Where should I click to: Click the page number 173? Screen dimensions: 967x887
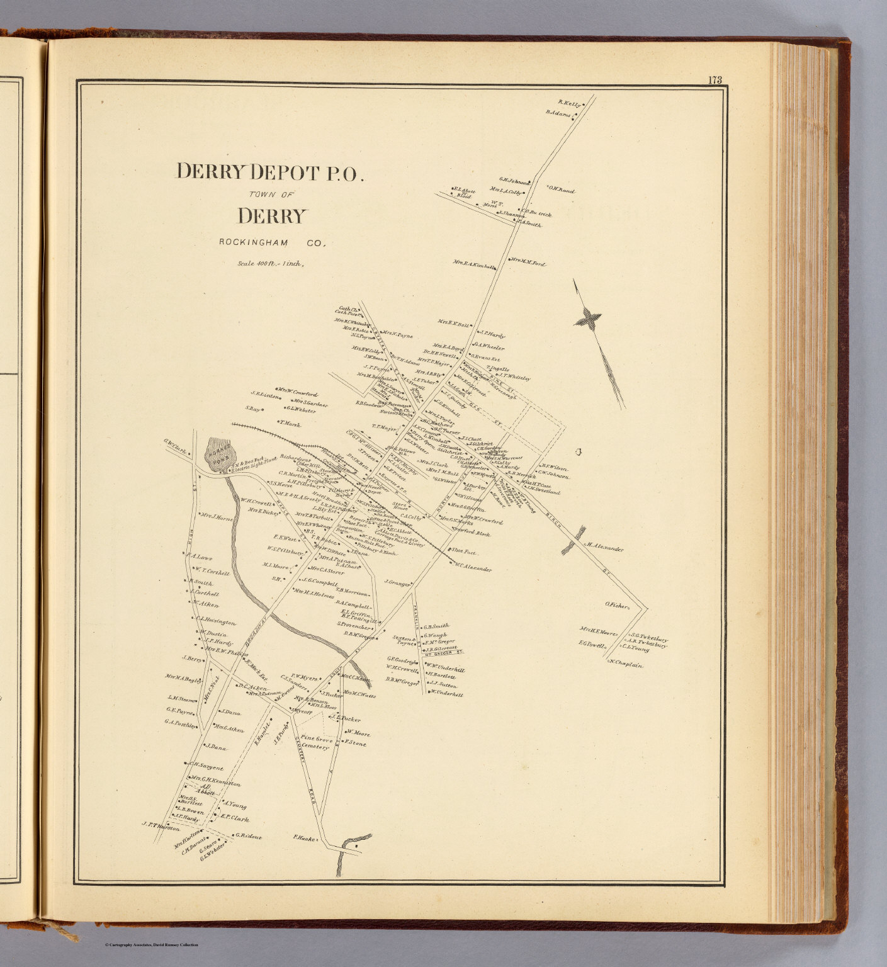point(714,80)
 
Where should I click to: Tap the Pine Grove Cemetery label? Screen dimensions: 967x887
point(315,743)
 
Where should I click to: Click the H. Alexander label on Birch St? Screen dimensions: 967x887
point(606,548)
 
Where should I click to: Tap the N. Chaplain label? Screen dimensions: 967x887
point(626,663)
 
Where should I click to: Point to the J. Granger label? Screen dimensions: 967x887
point(397,582)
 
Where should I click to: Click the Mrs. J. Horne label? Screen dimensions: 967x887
point(217,518)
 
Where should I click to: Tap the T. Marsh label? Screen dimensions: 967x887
point(290,424)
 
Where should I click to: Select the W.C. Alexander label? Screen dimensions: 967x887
point(472,568)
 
